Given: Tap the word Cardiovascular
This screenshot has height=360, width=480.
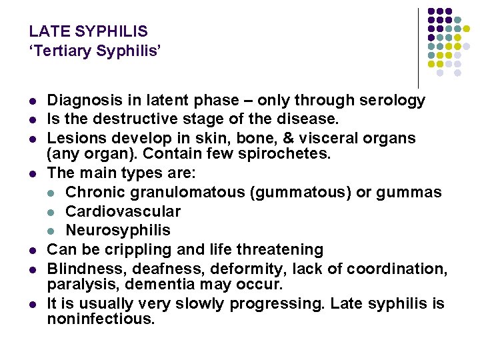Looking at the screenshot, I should (123, 211).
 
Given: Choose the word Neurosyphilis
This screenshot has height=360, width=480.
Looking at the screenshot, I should (118, 230).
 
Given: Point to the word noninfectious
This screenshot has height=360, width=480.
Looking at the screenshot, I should (101, 319).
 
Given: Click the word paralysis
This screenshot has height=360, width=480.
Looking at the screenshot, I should (78, 285).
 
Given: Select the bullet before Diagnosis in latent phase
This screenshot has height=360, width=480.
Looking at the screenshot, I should (32, 101).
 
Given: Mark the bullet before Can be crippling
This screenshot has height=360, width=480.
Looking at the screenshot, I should (32, 250).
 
